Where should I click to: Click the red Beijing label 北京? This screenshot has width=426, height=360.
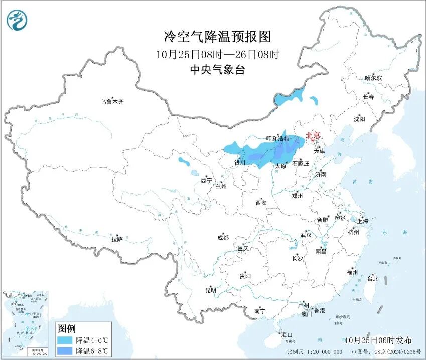[313, 135]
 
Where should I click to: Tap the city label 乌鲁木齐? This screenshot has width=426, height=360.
[111, 102]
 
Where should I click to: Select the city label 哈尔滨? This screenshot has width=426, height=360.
[373, 78]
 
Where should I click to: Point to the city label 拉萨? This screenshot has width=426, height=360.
[117, 239]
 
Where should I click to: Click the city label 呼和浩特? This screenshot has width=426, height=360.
[277, 139]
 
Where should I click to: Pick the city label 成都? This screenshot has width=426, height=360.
[223, 238]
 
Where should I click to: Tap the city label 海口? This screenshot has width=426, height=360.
[287, 335]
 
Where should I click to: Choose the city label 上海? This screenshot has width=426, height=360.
[362, 221]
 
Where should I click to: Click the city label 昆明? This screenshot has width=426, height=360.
[210, 290]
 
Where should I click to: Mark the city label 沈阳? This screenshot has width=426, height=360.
[359, 119]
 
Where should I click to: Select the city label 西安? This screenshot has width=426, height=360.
[261, 203]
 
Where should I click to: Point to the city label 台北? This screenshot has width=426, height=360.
[373, 278]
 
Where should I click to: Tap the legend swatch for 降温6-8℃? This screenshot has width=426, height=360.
[65, 350]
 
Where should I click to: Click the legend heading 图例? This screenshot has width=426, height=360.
[67, 329]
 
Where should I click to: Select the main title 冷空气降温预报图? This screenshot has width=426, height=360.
[217, 36]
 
